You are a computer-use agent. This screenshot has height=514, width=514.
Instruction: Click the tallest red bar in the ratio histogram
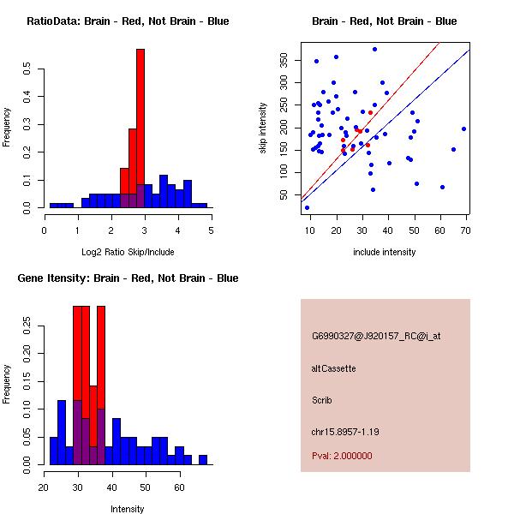pos(140,128)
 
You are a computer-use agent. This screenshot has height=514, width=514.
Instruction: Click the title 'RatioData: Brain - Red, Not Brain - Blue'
pos(128,21)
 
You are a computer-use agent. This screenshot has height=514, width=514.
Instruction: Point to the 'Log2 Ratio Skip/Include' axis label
pos(127,252)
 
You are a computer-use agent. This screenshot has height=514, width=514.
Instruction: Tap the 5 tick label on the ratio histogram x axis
pos(211,230)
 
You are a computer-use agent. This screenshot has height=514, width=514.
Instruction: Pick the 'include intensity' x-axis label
pos(385,252)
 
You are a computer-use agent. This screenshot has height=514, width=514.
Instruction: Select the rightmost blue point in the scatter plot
pos(463,128)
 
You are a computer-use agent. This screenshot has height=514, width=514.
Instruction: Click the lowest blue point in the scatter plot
pos(307,207)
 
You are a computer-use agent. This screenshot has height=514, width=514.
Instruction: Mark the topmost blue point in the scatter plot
pos(374,49)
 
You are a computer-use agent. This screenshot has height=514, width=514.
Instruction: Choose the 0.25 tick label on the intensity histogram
pos(27,326)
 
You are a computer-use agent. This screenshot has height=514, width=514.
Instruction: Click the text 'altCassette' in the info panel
pos(333,368)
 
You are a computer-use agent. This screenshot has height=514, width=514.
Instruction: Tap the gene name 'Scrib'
pos(322,400)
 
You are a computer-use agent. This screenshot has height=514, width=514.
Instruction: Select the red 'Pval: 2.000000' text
pos(342,456)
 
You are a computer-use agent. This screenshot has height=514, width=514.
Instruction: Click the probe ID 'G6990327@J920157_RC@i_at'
pos(376,337)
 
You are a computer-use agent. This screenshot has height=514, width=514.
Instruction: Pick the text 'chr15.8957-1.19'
pos(344,431)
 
